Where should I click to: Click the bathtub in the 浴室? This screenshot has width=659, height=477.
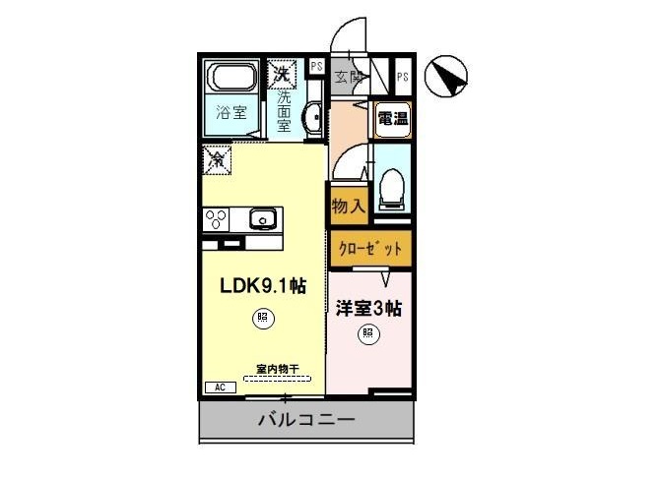tap(232, 76)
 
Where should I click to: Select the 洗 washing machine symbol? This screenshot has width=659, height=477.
tap(283, 72)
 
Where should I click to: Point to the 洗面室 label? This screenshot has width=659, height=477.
tap(284, 111)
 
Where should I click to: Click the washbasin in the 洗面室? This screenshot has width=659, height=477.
tap(312, 119)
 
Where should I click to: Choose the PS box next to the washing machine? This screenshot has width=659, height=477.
tap(316, 67)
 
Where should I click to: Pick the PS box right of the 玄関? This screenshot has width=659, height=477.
tap(403, 76)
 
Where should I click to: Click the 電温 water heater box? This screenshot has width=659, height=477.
tap(393, 119)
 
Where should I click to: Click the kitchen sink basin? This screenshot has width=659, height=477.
tap(261, 217)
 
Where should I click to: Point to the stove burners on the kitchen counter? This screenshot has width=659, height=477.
tap(216, 218)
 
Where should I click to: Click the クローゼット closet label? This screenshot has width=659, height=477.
tap(369, 248)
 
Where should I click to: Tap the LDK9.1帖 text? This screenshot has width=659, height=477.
tap(262, 286)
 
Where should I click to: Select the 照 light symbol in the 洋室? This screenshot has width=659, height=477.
tap(366, 333)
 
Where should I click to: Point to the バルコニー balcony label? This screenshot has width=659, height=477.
tap(306, 421)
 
